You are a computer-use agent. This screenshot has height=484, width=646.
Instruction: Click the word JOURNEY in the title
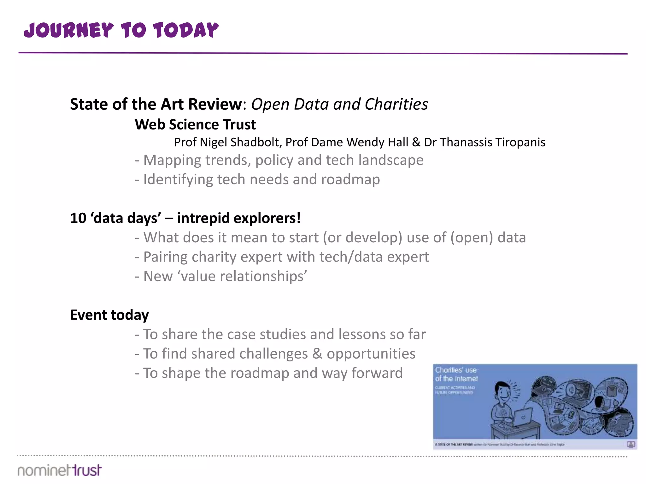click(x=69, y=31)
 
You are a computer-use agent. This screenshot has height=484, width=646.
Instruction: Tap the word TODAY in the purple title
click(x=186, y=31)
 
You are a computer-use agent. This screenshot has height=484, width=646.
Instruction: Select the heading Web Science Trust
click(x=195, y=124)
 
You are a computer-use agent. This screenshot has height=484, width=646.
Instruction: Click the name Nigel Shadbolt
click(x=240, y=142)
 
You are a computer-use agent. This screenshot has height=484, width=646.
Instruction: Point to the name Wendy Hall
click(x=377, y=142)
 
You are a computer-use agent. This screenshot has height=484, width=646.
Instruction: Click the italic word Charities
click(x=396, y=104)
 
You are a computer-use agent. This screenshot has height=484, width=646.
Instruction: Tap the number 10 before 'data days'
click(x=78, y=218)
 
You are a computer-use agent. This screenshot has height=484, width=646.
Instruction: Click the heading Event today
click(x=109, y=315)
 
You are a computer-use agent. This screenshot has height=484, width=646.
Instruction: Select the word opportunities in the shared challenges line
click(x=371, y=354)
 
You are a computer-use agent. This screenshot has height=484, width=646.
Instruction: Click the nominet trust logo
click(x=60, y=470)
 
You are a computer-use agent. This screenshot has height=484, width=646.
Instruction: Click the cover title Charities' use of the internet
click(x=456, y=374)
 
